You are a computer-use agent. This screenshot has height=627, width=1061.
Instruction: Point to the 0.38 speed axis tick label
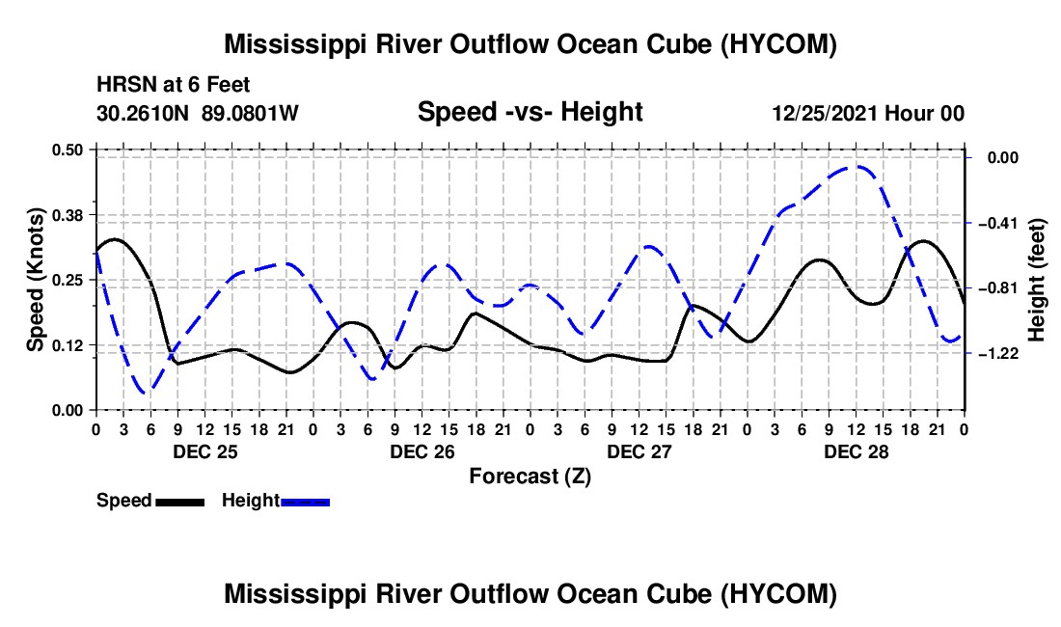point(67,215)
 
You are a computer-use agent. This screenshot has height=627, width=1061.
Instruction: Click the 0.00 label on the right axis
point(1003,157)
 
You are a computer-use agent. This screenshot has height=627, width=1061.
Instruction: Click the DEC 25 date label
point(205,451)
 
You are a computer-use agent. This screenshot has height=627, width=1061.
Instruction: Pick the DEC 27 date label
point(639,451)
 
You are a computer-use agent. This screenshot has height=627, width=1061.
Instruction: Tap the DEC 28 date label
point(856,451)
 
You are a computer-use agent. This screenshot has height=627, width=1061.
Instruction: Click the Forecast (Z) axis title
point(530,477)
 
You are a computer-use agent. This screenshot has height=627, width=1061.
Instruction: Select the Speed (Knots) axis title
point(35,280)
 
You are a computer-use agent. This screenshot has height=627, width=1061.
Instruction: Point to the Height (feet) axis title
point(1037,280)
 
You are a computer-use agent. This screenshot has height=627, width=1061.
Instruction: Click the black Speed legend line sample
point(180,503)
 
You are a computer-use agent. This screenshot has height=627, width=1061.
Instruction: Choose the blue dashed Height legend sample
point(305,503)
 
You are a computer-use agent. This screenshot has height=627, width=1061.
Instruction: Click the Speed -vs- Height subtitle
point(530,112)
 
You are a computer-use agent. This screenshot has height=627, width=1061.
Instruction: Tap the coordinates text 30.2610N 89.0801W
point(198,113)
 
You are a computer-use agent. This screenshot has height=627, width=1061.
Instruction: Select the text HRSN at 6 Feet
point(174,85)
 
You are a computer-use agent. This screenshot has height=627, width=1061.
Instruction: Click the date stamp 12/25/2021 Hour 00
point(868,113)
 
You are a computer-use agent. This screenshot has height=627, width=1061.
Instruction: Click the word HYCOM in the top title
point(777,44)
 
